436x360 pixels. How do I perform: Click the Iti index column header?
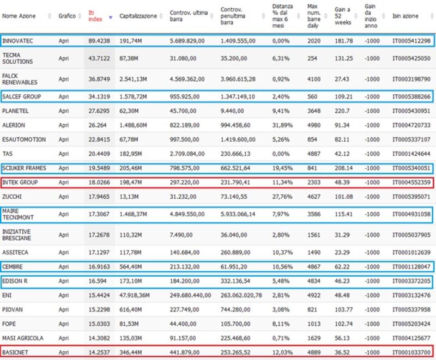[x=95, y=16]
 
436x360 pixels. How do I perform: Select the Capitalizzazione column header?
[x=138, y=16]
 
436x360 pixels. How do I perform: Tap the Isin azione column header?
[x=405, y=16]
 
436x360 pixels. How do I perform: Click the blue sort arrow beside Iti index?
[x=111, y=17]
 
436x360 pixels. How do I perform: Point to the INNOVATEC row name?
[x=17, y=41]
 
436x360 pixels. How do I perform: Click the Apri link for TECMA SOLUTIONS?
[x=64, y=58]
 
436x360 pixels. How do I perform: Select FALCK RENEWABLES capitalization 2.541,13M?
[x=133, y=79]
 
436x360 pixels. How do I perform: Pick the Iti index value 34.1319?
[x=99, y=96]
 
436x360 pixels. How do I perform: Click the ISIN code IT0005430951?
[x=411, y=111]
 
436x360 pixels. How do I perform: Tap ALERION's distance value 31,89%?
[x=282, y=125]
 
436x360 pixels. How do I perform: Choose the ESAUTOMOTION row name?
[x=24, y=139]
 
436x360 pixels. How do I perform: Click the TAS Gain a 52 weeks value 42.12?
[x=342, y=154]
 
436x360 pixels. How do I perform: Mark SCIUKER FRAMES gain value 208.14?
[x=344, y=168]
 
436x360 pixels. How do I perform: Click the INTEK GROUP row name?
[x=20, y=182]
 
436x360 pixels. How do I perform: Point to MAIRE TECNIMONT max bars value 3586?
[x=314, y=214]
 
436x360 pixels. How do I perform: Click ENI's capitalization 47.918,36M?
[x=135, y=295]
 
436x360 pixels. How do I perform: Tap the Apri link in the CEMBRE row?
[x=64, y=267]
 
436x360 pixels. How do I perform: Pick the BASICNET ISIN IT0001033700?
[x=411, y=352]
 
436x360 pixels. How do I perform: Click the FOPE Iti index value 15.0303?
[x=99, y=324]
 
